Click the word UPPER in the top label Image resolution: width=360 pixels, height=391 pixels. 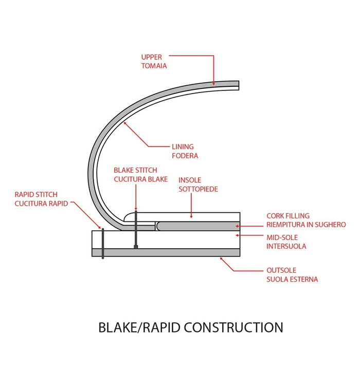click(x=151, y=57)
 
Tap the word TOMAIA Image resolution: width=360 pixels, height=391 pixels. click(x=154, y=66)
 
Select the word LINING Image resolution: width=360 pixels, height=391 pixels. click(x=183, y=147)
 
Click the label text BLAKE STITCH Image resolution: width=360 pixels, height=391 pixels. click(x=135, y=170)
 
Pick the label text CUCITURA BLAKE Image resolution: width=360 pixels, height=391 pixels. click(x=140, y=179)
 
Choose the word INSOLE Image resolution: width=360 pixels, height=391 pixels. click(x=190, y=180)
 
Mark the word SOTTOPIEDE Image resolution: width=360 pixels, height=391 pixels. click(x=198, y=190)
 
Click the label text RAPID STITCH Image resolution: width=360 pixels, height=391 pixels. click(x=36, y=195)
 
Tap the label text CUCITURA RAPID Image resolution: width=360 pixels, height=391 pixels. click(x=41, y=204)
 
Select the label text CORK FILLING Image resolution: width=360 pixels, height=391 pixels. click(x=288, y=216)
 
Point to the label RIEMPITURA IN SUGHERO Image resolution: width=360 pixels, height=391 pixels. click(x=306, y=225)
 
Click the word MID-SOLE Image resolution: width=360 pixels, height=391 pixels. click(x=282, y=237)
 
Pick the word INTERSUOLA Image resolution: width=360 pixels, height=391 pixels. click(x=286, y=247)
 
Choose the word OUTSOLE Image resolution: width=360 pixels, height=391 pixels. click(x=281, y=270)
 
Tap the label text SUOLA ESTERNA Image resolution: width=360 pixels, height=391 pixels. click(x=292, y=280)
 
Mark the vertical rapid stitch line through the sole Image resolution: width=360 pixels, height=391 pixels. click(x=103, y=244)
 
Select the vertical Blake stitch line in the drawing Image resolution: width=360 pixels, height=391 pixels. click(x=136, y=229)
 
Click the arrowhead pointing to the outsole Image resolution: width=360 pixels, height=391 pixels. click(x=222, y=258)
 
